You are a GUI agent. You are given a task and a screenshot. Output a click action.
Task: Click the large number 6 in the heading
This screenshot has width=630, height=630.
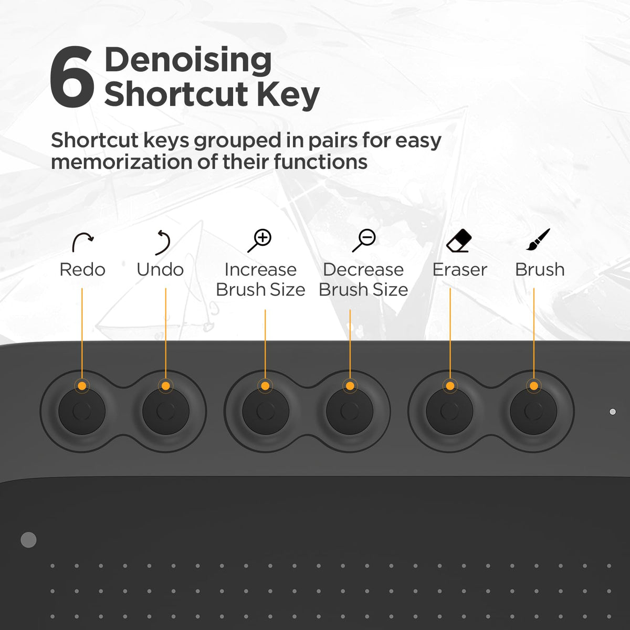coord(72,77)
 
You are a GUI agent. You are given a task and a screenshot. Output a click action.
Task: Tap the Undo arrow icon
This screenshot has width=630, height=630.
coord(163,242)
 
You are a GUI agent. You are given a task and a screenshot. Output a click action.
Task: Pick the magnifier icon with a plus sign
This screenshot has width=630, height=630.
coord(259,241)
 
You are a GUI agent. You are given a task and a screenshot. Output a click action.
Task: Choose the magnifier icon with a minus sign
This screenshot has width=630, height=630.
coord(363,240)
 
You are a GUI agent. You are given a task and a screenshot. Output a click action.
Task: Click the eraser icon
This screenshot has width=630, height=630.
coord(459,240)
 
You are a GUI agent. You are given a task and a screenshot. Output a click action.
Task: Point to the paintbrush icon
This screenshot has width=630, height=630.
coord(538,239)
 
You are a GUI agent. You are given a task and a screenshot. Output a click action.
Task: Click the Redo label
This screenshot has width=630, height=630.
coord(82,270)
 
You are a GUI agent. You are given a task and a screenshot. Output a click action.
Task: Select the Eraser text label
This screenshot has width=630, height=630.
coord(460,270)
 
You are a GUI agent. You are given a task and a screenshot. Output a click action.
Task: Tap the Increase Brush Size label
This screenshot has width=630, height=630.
coord(260,279)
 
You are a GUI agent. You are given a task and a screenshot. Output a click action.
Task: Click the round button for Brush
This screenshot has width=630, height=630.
coord(533,411)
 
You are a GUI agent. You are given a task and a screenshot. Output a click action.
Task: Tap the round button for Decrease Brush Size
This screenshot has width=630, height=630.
coord(350,411)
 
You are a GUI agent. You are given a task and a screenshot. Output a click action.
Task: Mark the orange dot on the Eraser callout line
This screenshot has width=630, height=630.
coord(450,386)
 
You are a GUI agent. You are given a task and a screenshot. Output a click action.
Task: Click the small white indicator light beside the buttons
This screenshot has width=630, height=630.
coord(613,412)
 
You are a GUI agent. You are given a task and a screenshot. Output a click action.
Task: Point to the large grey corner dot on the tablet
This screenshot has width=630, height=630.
coord(28,540)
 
